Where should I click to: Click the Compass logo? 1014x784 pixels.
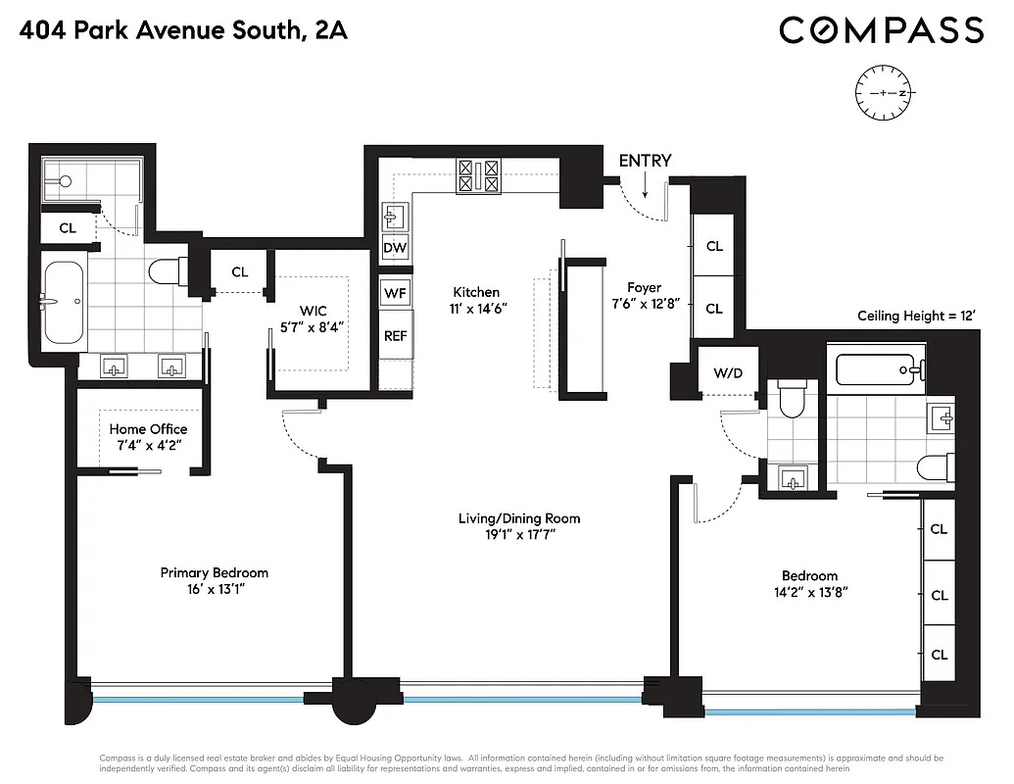[x=881, y=30]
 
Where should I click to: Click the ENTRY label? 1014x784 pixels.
[x=645, y=161]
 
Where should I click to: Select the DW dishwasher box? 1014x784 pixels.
[x=395, y=248]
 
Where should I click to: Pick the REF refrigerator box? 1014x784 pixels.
[x=395, y=335]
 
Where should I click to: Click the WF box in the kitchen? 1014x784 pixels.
[x=395, y=292]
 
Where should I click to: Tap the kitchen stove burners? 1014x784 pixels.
[x=479, y=176]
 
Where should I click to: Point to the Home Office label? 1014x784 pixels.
[x=148, y=429]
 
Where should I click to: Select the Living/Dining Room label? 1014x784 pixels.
[x=519, y=518]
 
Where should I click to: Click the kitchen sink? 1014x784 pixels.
[x=396, y=217]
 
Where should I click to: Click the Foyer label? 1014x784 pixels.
[x=644, y=287]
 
